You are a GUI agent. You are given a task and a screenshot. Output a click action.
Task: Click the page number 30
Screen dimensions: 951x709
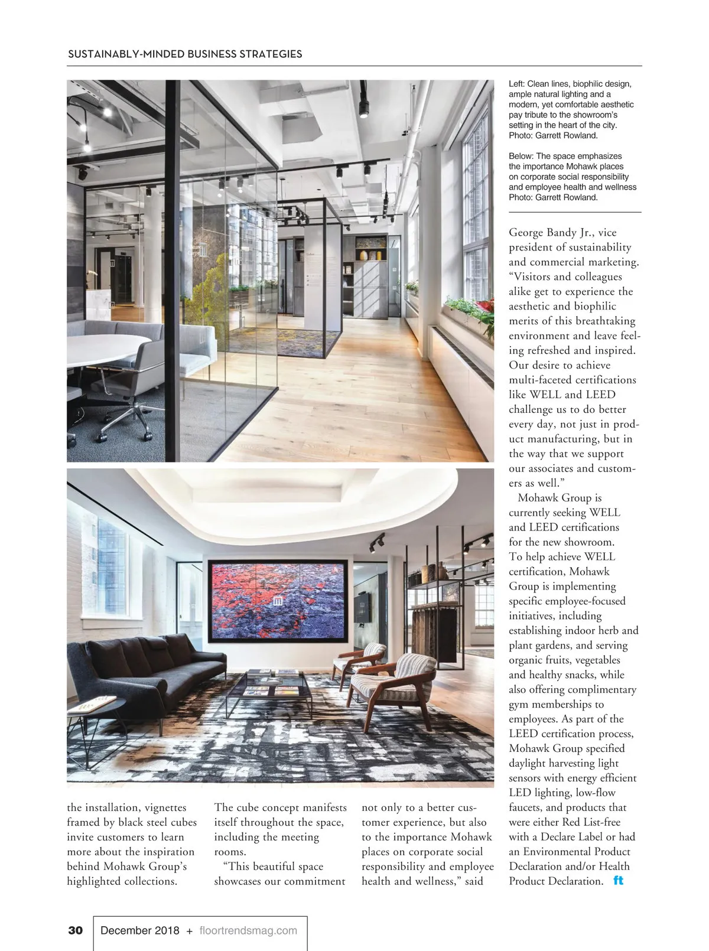(76, 930)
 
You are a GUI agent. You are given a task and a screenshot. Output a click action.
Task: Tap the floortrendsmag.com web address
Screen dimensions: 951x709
(248, 930)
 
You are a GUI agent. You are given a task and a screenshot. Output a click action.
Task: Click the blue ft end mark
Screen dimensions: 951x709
(619, 880)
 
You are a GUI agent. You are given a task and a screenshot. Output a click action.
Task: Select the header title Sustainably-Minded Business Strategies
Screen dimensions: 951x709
(185, 54)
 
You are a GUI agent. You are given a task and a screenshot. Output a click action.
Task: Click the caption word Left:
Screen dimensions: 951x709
(517, 84)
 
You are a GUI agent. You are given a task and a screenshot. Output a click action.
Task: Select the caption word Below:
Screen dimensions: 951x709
(522, 156)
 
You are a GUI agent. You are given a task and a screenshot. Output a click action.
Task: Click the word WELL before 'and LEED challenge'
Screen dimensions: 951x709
(545, 395)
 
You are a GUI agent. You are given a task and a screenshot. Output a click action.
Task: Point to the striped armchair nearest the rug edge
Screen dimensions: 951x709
(393, 685)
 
